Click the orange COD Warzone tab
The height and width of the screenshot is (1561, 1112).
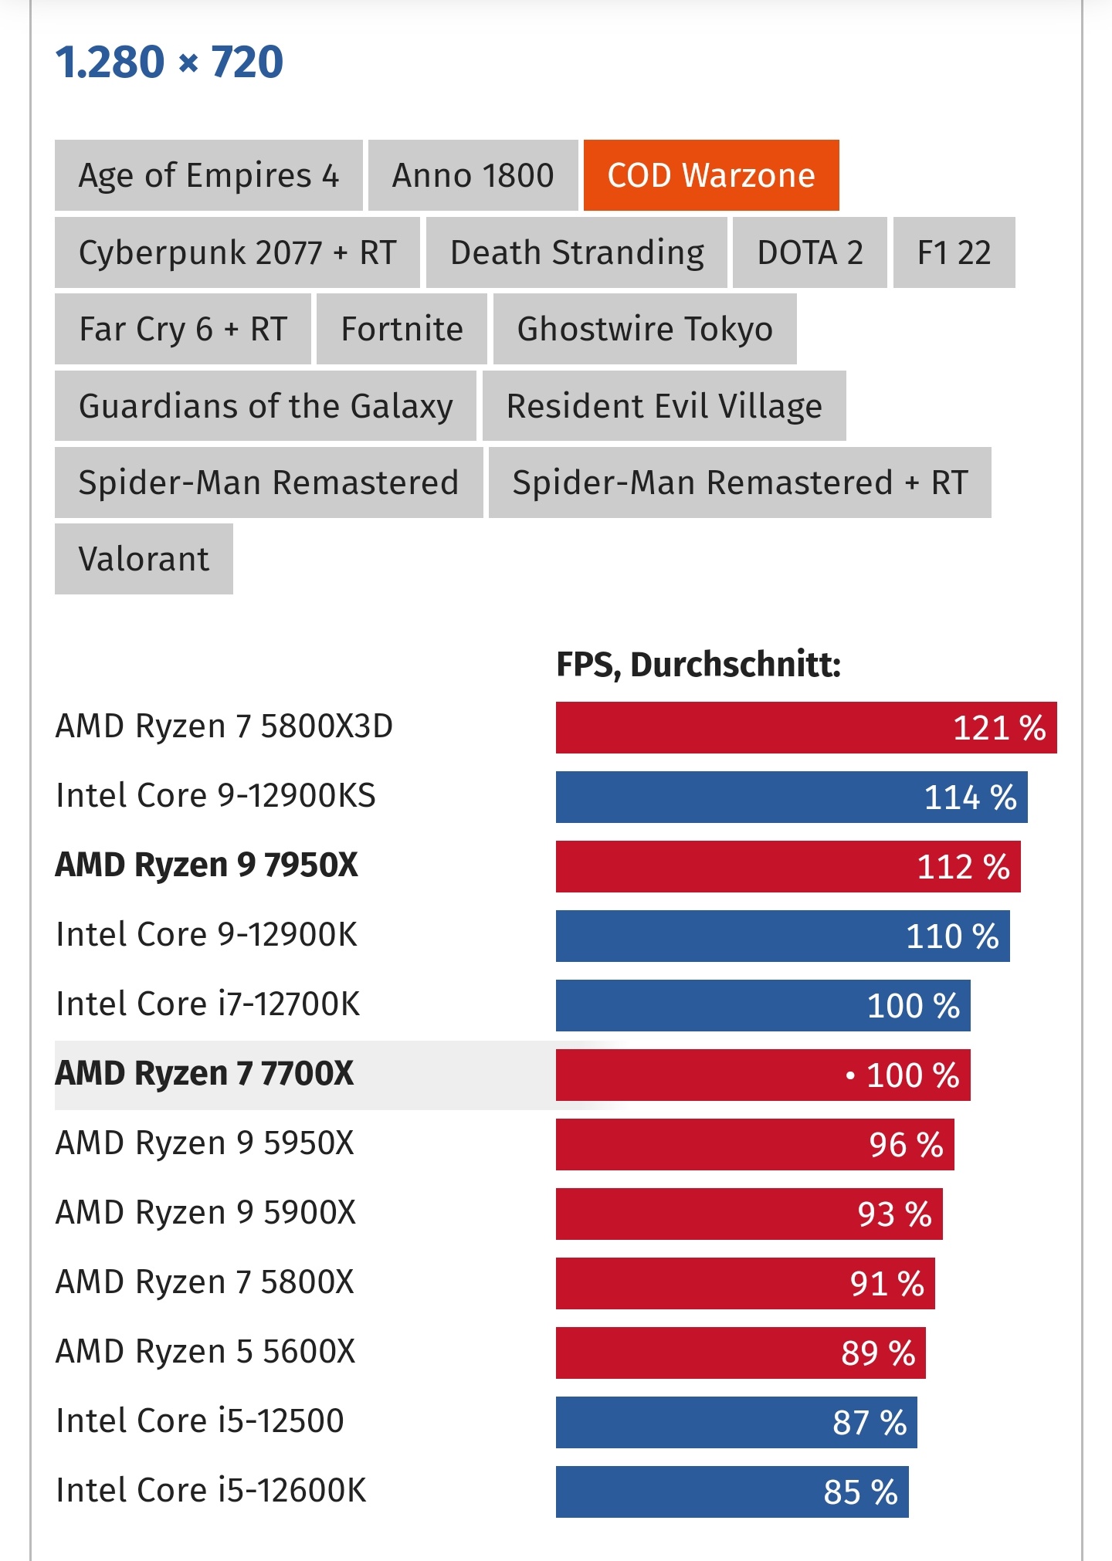click(710, 175)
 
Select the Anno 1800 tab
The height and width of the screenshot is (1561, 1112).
click(473, 175)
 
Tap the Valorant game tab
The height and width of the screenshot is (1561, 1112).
click(144, 559)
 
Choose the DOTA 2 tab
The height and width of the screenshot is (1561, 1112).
click(809, 252)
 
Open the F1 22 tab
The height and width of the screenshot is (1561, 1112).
click(954, 252)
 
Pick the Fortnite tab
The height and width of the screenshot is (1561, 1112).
click(402, 329)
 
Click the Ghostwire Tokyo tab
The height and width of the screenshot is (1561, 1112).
click(645, 329)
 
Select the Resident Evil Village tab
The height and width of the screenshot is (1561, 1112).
click(664, 405)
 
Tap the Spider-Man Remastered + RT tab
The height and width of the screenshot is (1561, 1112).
click(740, 483)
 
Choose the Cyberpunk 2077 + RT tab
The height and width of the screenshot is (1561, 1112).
click(237, 252)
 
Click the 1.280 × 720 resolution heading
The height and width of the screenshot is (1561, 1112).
click(170, 62)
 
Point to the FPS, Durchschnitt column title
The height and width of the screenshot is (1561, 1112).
click(698, 664)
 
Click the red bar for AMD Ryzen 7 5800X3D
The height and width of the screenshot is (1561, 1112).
click(805, 727)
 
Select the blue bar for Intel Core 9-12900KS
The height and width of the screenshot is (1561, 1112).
click(791, 797)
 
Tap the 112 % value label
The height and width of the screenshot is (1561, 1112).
click(963, 867)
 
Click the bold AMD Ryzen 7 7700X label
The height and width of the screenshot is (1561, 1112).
click(205, 1074)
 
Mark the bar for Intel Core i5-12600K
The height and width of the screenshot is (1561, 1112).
click(731, 1492)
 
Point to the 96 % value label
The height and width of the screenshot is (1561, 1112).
click(906, 1145)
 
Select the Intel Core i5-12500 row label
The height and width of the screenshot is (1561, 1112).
click(200, 1421)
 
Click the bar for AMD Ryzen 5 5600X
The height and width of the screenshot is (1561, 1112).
click(740, 1353)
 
